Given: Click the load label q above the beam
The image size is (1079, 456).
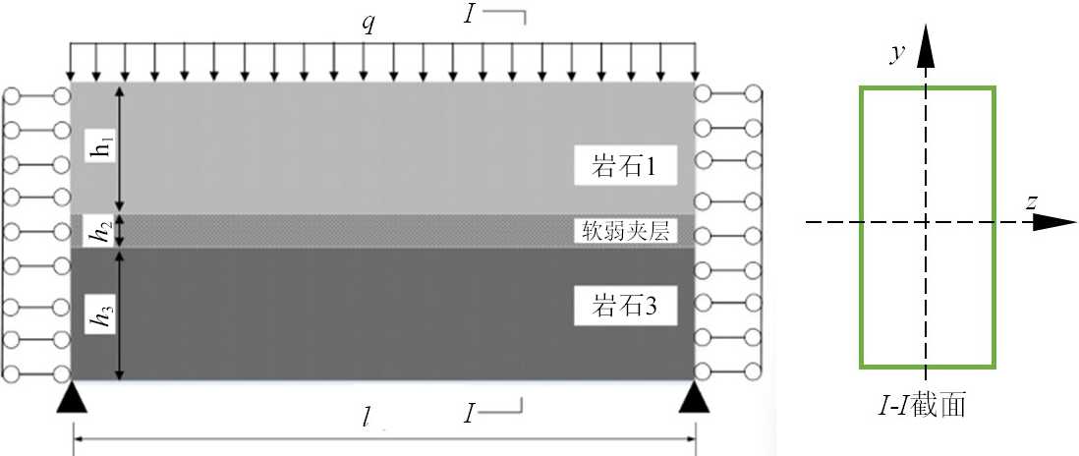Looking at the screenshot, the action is click(x=368, y=25).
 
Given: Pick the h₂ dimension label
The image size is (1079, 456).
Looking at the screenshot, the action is click(x=95, y=233).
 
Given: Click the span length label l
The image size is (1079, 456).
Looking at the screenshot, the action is click(x=366, y=418).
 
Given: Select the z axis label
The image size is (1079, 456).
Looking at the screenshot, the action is click(x=1032, y=201).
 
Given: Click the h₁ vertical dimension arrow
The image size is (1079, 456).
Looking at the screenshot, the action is click(x=121, y=147).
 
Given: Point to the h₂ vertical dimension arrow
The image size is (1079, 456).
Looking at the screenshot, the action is click(x=121, y=232).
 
